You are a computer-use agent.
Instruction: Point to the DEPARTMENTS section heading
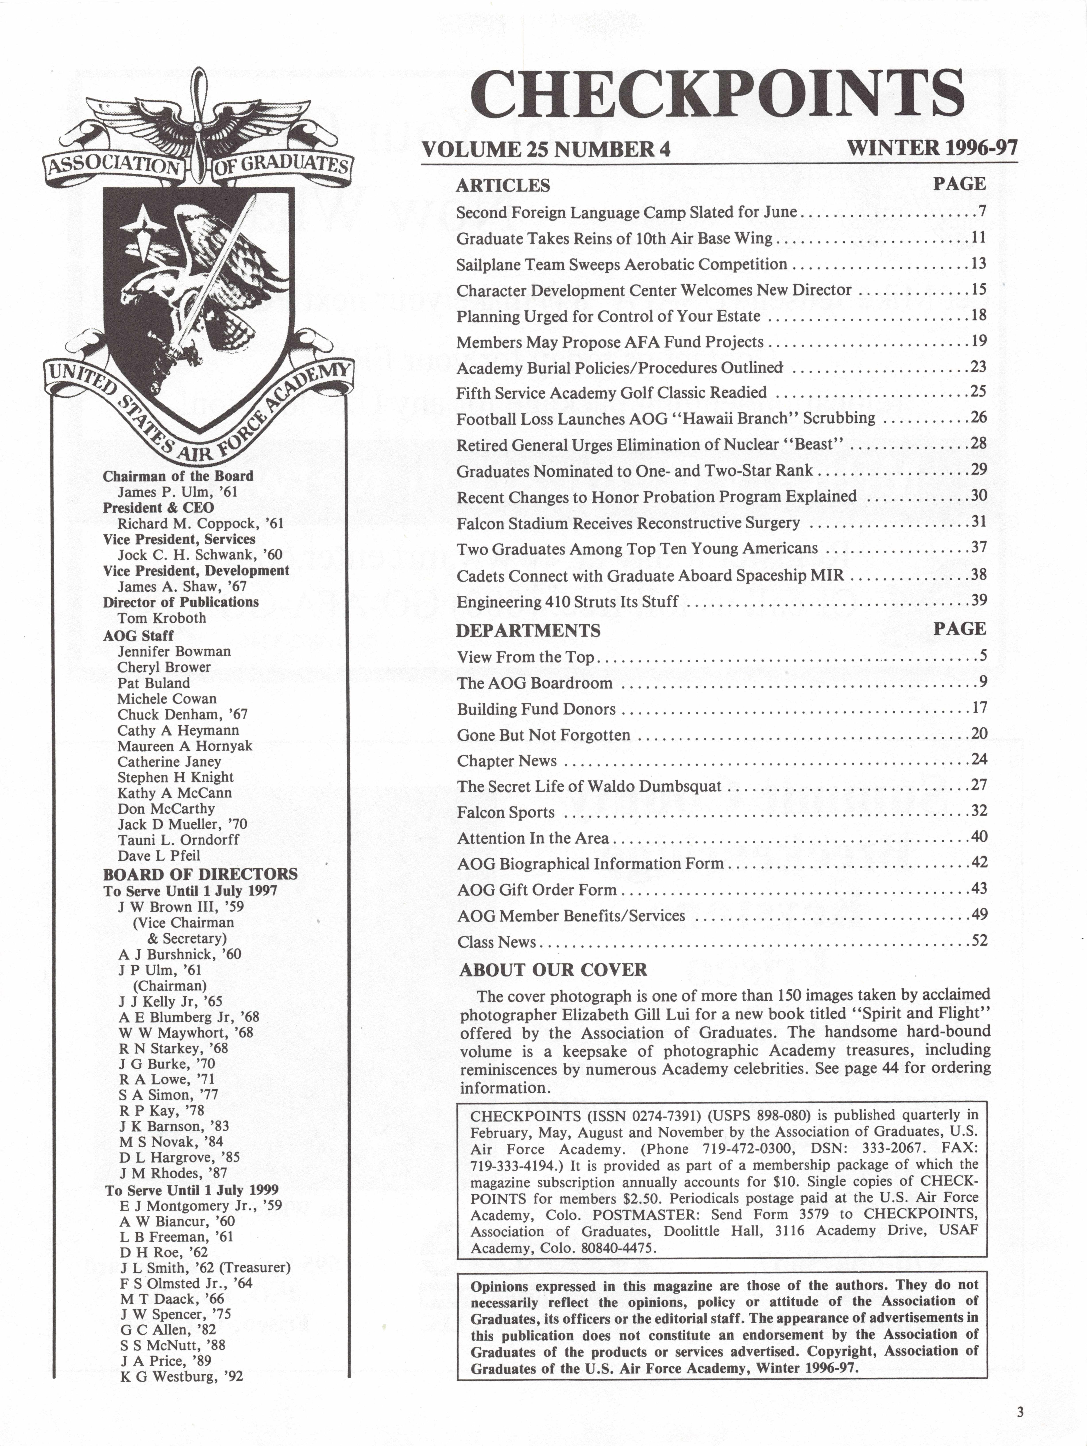pyautogui.click(x=528, y=631)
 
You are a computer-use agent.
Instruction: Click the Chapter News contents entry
pyautogui.click(x=507, y=761)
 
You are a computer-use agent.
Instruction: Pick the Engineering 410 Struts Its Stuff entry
pyautogui.click(x=567, y=601)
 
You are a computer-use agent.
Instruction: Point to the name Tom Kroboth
pyautogui.click(x=162, y=618)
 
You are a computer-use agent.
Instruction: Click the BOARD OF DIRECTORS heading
pyautogui.click(x=200, y=874)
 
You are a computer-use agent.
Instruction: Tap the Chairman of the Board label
pyautogui.click(x=178, y=476)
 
